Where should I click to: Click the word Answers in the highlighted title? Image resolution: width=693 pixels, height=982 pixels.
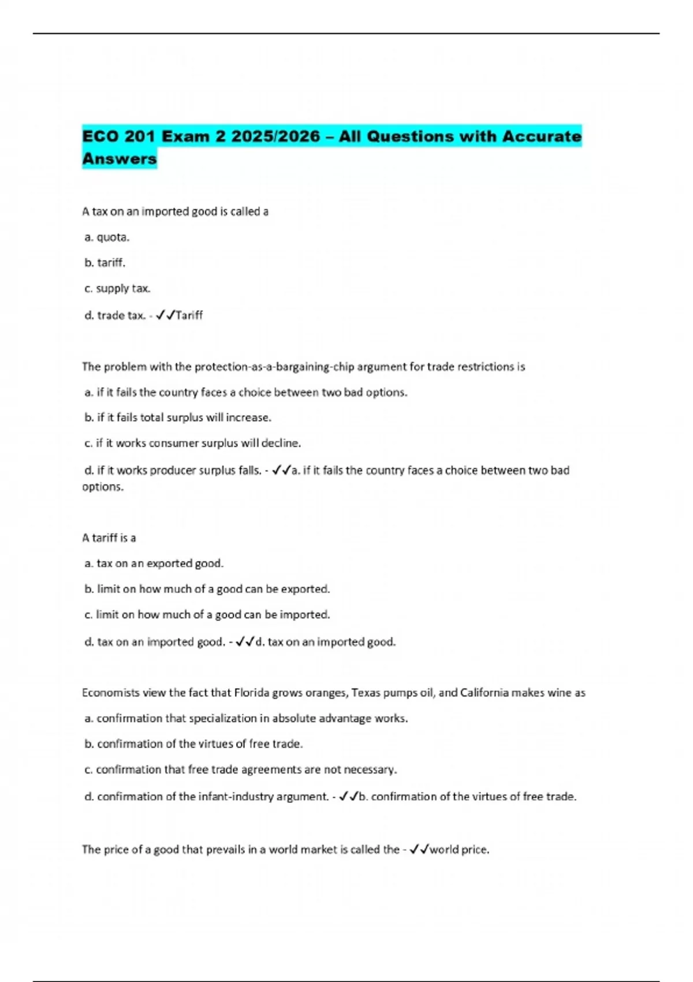pos(120,158)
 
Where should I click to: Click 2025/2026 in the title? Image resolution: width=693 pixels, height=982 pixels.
pos(275,136)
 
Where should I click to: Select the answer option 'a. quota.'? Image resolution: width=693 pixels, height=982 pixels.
pos(107,237)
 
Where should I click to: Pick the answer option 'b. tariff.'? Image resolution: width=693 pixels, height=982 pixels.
pos(105,263)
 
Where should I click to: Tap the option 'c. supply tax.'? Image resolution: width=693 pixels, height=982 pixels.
pos(118,288)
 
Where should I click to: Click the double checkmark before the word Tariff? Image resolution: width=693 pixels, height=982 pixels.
pos(165,315)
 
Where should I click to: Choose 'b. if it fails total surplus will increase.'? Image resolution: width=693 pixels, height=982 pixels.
pos(178,417)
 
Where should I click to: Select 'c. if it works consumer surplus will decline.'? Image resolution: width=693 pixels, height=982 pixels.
pos(193,443)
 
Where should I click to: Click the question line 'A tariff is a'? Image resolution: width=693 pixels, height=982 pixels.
pos(109,538)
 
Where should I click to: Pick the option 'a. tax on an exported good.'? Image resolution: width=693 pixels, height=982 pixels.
pos(154,563)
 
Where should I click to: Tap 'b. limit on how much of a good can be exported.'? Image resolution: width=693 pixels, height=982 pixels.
pos(207,589)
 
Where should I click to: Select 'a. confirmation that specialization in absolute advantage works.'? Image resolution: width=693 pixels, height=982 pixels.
pos(247,719)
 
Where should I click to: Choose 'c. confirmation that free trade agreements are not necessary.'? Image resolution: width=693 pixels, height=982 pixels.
pos(241,769)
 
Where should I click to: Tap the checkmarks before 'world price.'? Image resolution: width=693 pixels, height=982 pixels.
pos(419,850)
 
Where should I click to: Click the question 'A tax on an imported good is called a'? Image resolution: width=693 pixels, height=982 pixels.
pos(176,211)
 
